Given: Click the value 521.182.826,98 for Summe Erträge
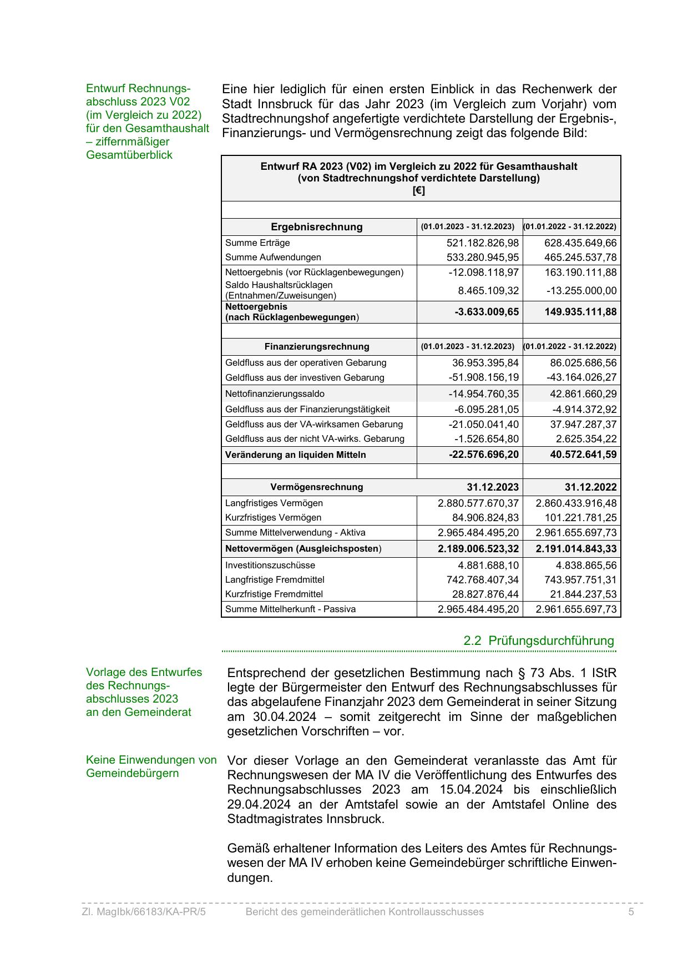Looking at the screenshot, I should pos(482,243).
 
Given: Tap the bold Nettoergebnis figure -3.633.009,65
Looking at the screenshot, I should pos(487,312).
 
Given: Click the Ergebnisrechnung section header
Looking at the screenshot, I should pos(316,227).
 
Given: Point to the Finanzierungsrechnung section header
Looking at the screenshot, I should pos(316,347).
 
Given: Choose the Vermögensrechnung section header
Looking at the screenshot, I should pos(316,487).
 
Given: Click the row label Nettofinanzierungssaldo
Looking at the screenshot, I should pos(275,394).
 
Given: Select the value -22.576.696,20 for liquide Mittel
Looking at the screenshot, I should pos(483,455).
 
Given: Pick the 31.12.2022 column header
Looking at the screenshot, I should pos(590,487).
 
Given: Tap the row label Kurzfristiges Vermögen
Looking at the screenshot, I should pos(273,518).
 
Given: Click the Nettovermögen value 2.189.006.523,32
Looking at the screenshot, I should pos(478,549).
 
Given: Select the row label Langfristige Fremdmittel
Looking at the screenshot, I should pos(275,580).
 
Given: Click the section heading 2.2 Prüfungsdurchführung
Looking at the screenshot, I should pos(538,641).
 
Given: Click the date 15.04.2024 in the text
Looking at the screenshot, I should pos(471,790).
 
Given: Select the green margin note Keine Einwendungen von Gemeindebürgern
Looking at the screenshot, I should pos(151,766).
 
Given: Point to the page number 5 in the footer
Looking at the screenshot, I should pos(631,912).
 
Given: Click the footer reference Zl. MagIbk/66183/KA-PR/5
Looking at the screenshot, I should pos(144,912).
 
